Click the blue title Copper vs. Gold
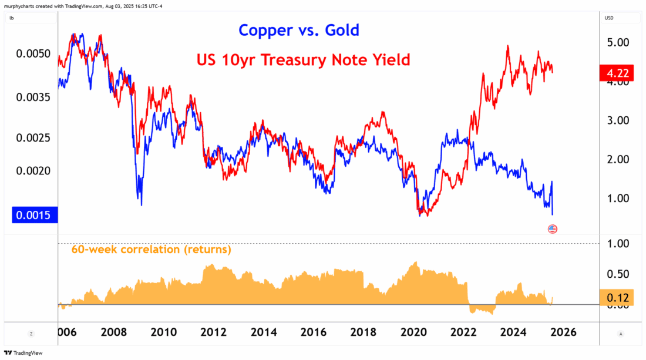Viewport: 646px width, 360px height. tap(298, 30)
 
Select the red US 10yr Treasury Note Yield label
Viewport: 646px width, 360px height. tap(302, 60)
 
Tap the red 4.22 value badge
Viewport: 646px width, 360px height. tap(616, 73)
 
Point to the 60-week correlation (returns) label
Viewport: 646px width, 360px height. tap(151, 250)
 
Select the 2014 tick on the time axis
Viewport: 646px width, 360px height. tap(264, 332)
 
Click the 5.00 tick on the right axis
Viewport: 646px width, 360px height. tap(618, 42)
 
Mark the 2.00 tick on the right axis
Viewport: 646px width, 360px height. tap(618, 159)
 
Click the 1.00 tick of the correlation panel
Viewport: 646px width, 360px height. tap(618, 243)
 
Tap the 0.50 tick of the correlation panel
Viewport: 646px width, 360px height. tap(618, 274)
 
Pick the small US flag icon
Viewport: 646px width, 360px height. tap(552, 228)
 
